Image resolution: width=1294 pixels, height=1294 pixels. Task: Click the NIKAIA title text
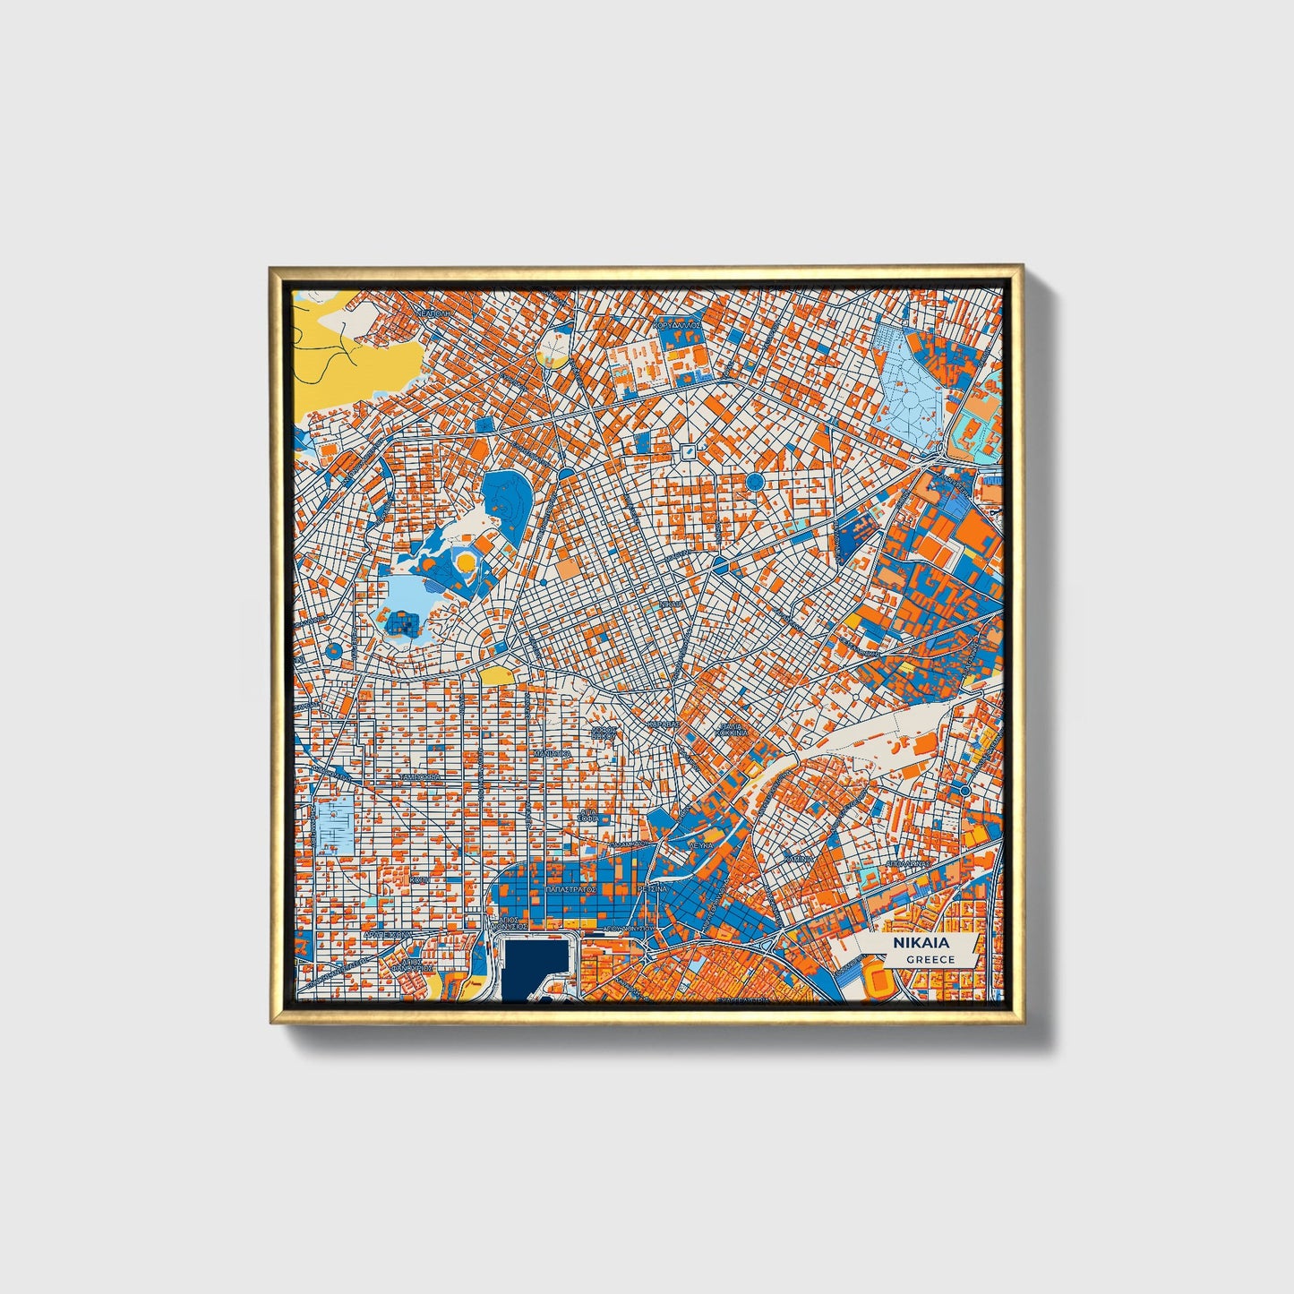(921, 943)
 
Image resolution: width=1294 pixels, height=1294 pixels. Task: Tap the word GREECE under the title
(930, 959)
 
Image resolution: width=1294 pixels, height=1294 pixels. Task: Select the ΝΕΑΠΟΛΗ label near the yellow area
(433, 315)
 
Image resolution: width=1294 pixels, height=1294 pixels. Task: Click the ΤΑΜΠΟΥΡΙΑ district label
(421, 776)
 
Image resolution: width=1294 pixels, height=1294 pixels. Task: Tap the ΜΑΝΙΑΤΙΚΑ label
(552, 754)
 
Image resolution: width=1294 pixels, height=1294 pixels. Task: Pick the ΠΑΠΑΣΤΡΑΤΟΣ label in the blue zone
(571, 891)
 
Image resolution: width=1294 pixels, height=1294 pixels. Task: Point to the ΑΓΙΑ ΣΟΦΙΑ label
(587, 814)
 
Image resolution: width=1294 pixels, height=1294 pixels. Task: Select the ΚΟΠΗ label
(418, 880)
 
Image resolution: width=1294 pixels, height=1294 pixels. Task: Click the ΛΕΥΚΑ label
(700, 844)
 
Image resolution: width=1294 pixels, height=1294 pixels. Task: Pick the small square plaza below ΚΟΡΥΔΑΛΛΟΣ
(687, 450)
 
